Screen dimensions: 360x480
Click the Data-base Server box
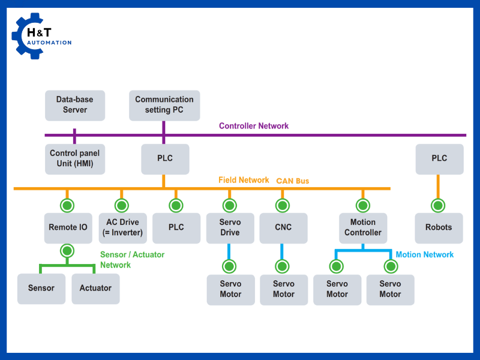pos(75,105)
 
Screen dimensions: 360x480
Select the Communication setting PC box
pos(164,105)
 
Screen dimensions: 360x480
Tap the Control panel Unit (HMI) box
pos(75,159)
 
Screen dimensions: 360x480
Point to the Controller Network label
pos(254,126)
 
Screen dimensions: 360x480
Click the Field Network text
pos(244,180)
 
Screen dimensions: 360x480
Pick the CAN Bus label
pos(293,181)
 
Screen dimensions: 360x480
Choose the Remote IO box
pos(67,227)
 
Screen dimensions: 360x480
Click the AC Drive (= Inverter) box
pos(122,227)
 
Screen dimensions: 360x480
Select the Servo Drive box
pos(230,227)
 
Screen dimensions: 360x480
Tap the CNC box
pos(283,227)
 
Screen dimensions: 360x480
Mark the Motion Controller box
pos(363,227)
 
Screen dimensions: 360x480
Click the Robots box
pos(439,227)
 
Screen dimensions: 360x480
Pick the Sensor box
pos(41,288)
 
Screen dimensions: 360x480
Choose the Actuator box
pos(95,288)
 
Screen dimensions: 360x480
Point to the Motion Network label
pos(425,254)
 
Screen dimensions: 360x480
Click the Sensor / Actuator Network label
pos(132,260)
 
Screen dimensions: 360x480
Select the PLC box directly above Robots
pos(439,158)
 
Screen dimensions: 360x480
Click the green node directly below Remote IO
pos(67,251)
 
